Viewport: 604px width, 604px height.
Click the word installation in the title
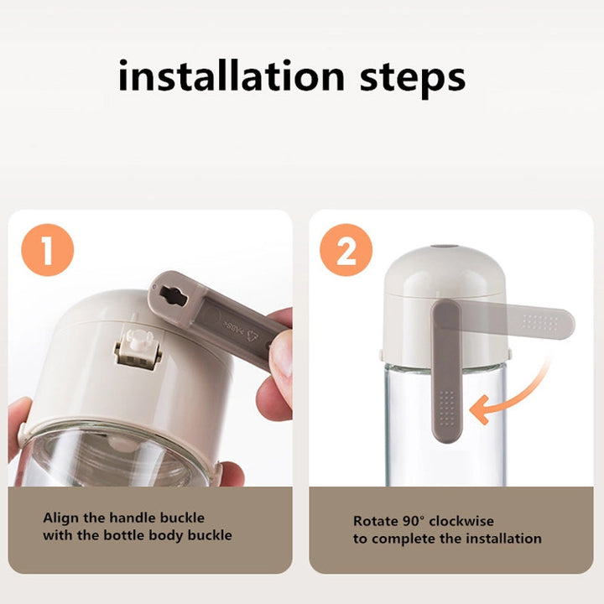[x=232, y=75]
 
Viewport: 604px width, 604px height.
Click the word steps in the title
[x=413, y=80]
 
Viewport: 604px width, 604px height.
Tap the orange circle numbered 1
[x=47, y=250]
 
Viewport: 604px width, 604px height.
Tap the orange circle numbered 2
[x=346, y=250]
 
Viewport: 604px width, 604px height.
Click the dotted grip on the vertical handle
[x=446, y=409]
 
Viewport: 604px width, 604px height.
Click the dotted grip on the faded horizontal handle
[x=541, y=322]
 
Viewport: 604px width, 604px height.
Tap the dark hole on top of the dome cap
[x=444, y=246]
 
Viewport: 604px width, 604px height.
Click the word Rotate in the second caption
[x=376, y=521]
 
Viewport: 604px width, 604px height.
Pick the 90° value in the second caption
[x=414, y=521]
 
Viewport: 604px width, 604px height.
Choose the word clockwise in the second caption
[x=461, y=521]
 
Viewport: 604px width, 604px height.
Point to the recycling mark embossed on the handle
[x=253, y=335]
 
